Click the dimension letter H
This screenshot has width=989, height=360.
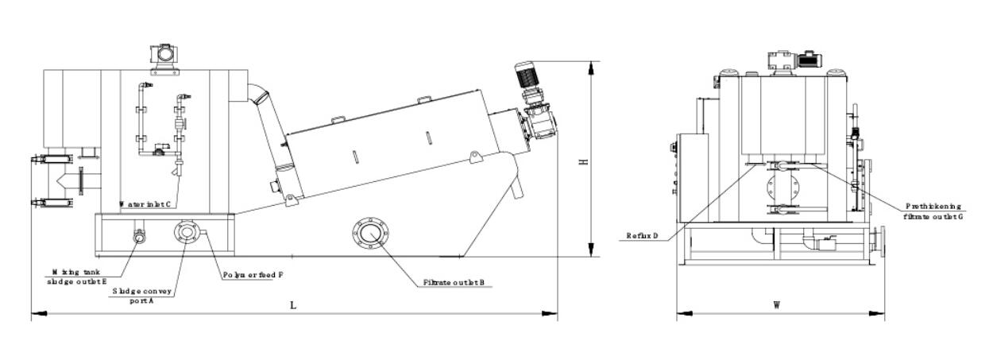(x=582, y=161)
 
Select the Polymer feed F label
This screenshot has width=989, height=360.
(x=253, y=276)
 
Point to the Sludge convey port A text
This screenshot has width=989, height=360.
(x=143, y=296)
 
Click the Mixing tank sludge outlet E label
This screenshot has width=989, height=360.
(x=77, y=277)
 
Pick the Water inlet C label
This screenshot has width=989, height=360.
(x=145, y=203)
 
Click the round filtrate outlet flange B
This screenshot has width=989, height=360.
(x=370, y=233)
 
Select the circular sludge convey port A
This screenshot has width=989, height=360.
(x=185, y=232)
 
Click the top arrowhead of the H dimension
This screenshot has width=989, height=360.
(x=589, y=65)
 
